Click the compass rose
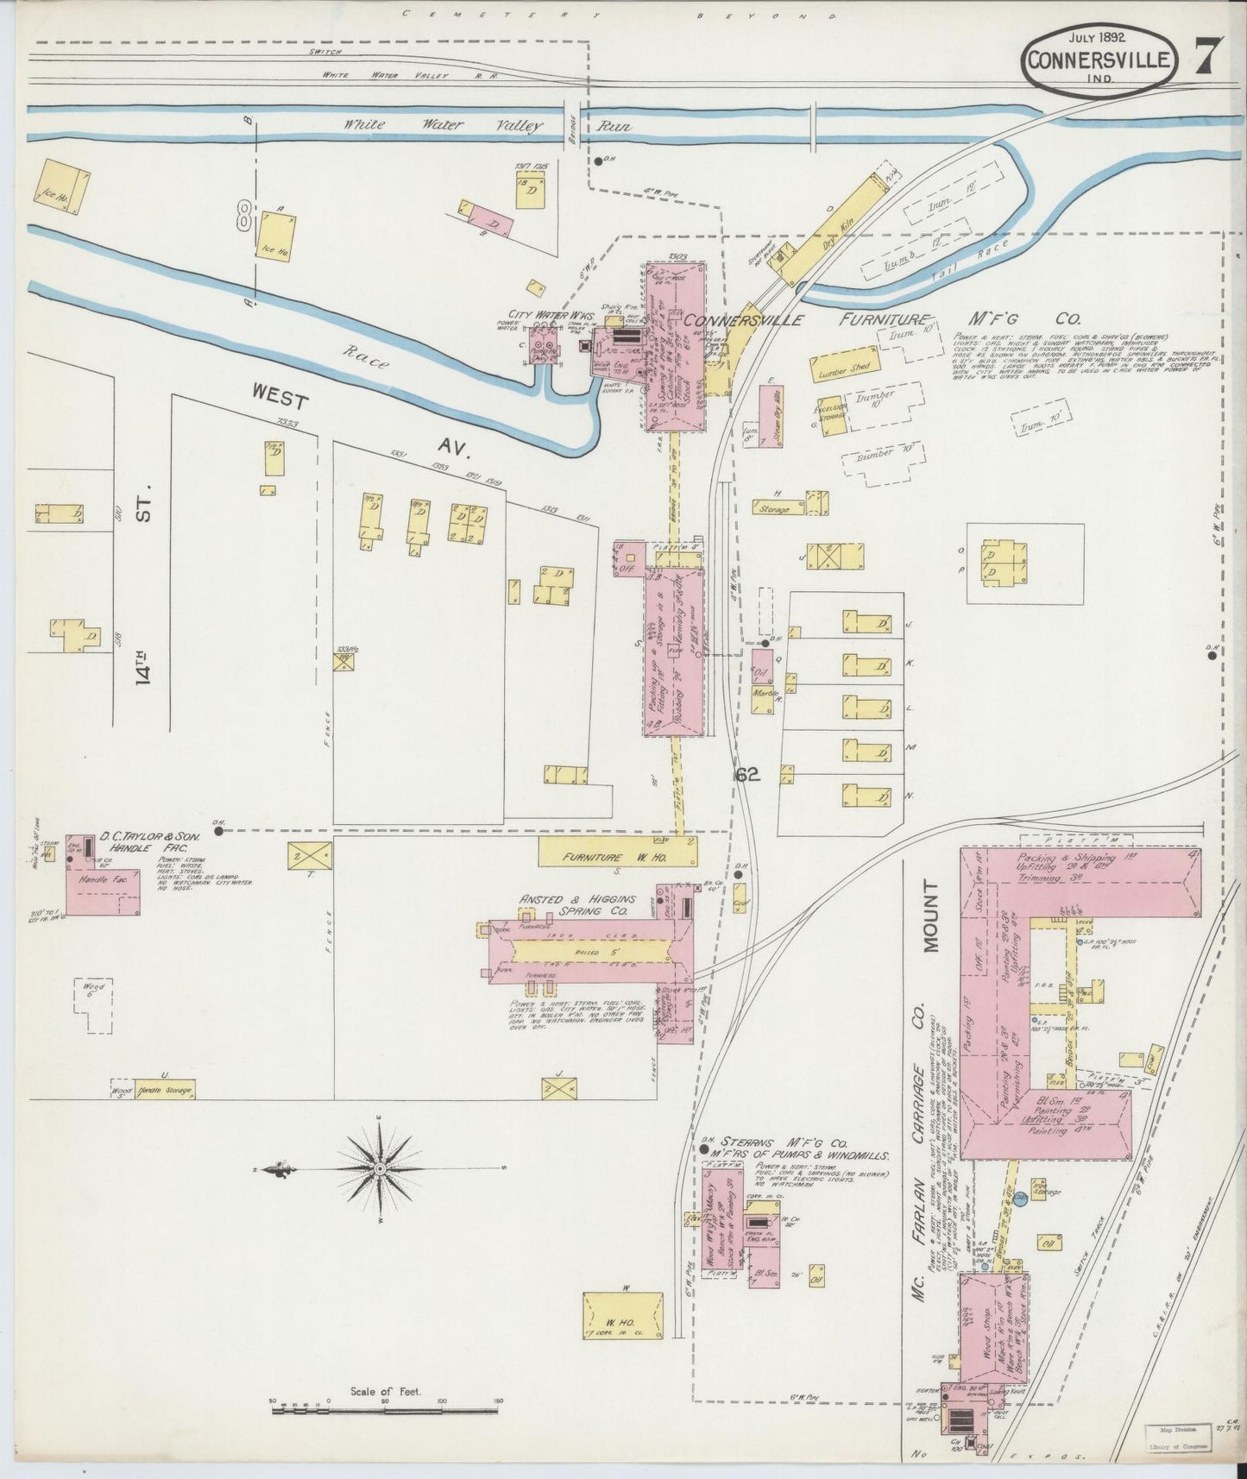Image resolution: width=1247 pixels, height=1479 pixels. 379,1168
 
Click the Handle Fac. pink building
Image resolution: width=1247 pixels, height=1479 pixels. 103,890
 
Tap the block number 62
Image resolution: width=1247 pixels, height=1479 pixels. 747,775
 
